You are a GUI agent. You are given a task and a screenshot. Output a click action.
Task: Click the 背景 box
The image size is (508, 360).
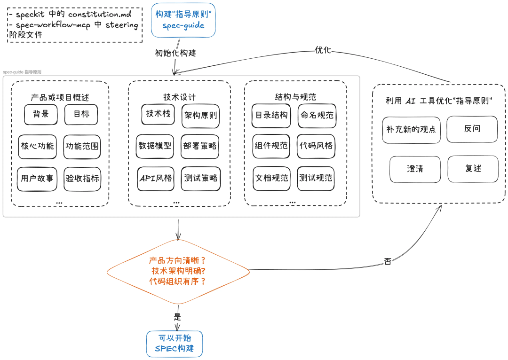tap(41, 114)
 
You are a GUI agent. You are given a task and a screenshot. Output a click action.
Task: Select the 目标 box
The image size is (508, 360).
tap(81, 114)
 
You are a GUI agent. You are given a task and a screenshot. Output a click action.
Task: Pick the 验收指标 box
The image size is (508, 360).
tap(82, 179)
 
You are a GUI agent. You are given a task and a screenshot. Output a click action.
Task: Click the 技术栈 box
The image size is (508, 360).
tap(158, 114)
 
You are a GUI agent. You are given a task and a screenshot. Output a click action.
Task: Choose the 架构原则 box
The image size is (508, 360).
tap(201, 115)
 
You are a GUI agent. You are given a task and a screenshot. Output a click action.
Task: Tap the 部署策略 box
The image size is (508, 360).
tap(201, 146)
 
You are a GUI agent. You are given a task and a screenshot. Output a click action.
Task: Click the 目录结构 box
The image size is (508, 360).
tap(271, 115)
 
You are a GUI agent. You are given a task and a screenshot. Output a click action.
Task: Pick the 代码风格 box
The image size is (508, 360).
tap(316, 146)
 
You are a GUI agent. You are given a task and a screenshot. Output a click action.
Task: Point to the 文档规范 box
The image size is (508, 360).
tap(271, 179)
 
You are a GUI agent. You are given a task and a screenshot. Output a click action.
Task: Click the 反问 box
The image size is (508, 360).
tap(472, 129)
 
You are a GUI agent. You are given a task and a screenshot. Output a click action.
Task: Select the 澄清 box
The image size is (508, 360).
tap(415, 169)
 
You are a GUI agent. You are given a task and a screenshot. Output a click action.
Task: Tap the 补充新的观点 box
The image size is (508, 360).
tap(411, 129)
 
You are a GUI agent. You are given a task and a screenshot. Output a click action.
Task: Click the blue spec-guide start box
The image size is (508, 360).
tap(183, 20)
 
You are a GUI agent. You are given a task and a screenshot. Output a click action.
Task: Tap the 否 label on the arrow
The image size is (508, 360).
tap(388, 261)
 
